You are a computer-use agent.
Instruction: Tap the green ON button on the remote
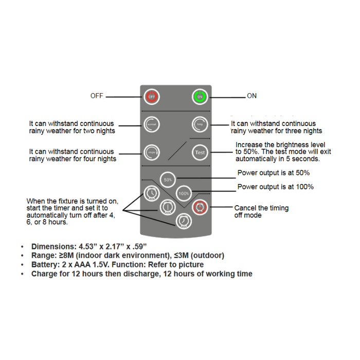[200, 96]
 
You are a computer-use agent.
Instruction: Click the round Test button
[200, 152]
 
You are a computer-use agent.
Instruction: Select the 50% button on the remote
[168, 179]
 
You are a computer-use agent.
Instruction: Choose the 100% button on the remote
[184, 193]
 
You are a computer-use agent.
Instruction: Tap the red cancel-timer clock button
[200, 207]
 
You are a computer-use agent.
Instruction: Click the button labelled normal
[152, 124]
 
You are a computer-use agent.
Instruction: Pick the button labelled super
[152, 152]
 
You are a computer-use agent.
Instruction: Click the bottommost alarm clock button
[183, 221]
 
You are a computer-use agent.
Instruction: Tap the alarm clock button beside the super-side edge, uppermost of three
[151, 193]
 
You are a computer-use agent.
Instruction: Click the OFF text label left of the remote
[97, 96]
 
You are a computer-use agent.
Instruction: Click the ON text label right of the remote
[251, 96]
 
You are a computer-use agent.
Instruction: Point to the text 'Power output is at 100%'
[275, 187]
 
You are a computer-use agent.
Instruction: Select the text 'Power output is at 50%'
[274, 173]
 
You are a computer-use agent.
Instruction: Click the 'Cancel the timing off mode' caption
[261, 211]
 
